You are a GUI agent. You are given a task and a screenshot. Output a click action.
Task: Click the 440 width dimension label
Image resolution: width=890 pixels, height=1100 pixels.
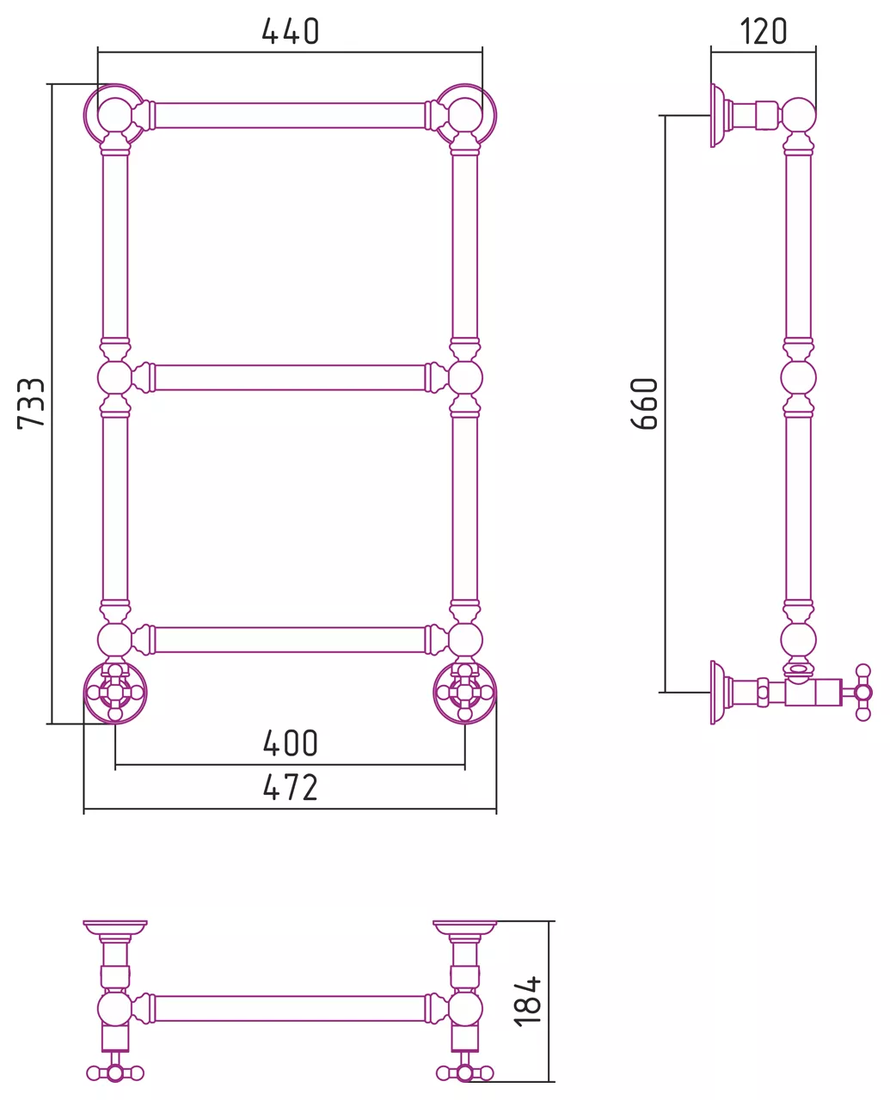coord(291,32)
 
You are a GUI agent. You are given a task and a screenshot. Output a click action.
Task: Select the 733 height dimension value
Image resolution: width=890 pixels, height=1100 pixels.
coord(32,404)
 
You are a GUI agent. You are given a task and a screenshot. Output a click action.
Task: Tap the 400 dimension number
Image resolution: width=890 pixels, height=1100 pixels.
coord(291,743)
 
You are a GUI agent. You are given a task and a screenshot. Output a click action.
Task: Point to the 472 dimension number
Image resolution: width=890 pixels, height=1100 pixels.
coord(291,788)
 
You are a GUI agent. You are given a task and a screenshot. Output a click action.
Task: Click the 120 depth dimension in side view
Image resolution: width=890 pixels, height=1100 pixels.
coord(764,32)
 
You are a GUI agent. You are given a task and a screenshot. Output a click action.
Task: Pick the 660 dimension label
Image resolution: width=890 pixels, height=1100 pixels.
coord(645,404)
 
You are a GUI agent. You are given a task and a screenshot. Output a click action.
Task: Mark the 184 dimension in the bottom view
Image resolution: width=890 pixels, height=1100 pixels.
coord(527,1000)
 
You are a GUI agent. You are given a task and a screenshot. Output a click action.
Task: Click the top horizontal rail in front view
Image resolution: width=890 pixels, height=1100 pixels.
coord(290,116)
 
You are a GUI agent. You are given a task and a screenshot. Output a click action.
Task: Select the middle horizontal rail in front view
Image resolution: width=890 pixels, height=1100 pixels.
coord(290,378)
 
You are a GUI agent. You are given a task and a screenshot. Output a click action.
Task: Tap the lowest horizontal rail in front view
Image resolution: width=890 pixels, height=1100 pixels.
coord(290,640)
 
